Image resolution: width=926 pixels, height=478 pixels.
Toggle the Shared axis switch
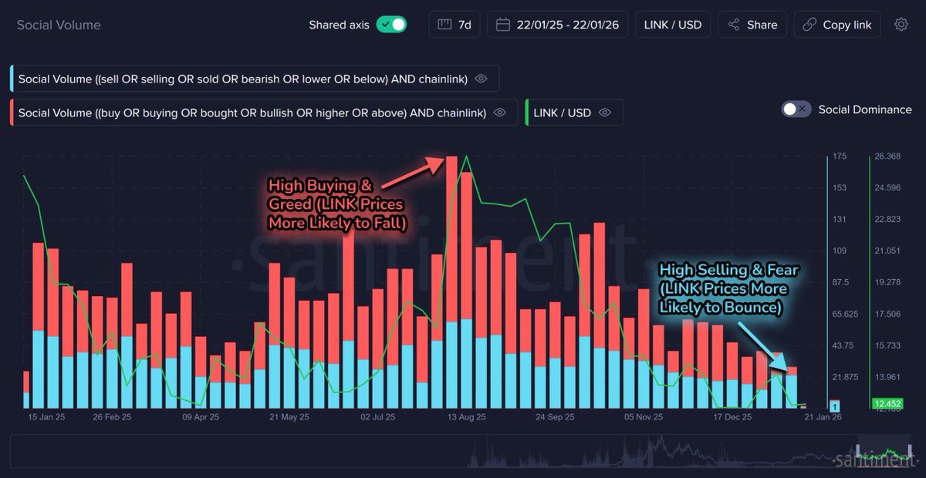[391, 25]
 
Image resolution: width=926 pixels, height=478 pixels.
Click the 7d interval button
[455, 25]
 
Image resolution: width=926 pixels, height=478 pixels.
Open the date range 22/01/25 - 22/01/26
[561, 25]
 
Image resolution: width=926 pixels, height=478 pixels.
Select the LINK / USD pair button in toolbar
[673, 25]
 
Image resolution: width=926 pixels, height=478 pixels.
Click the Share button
[752, 25]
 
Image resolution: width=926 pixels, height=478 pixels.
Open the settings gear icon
[901, 25]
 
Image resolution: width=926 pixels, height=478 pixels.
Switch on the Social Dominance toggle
[796, 109]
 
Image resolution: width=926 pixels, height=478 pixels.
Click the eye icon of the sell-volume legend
[482, 79]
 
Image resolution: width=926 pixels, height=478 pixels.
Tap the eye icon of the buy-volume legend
[500, 113]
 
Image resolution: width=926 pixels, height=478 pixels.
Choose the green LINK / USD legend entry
[563, 113]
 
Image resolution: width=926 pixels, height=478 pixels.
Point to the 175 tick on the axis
[840, 157]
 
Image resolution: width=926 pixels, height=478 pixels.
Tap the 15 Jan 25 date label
[47, 417]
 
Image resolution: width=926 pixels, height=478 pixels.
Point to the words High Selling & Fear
[728, 270]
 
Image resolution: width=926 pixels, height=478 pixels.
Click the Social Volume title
[59, 25]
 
